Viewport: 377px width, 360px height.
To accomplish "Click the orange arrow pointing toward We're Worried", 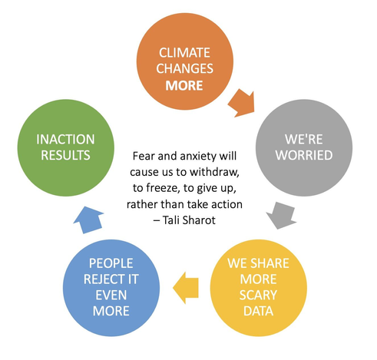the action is point(242,104).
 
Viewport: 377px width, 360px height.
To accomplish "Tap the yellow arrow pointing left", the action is point(186,288).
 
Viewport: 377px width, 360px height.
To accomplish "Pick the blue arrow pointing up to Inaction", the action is point(89,220).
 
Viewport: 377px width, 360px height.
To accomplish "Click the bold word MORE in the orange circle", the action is point(184,85).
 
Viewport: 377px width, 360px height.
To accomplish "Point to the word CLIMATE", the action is point(184,53).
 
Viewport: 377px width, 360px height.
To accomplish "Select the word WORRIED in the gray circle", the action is point(304,155).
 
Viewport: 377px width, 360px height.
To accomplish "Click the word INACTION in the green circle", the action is point(65,139).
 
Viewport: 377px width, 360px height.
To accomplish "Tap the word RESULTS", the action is point(65,155).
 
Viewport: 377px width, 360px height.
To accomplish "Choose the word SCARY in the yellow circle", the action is point(258,295).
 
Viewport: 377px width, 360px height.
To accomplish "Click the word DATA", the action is point(258,311).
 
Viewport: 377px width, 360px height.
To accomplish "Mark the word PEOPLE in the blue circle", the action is point(111,263).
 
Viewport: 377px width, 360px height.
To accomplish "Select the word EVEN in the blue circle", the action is point(111,295).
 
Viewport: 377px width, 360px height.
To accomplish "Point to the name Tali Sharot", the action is point(189,220).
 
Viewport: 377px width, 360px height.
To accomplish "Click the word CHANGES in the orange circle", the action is point(184,68).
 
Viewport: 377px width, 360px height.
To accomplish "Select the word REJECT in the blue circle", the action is point(101,279).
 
